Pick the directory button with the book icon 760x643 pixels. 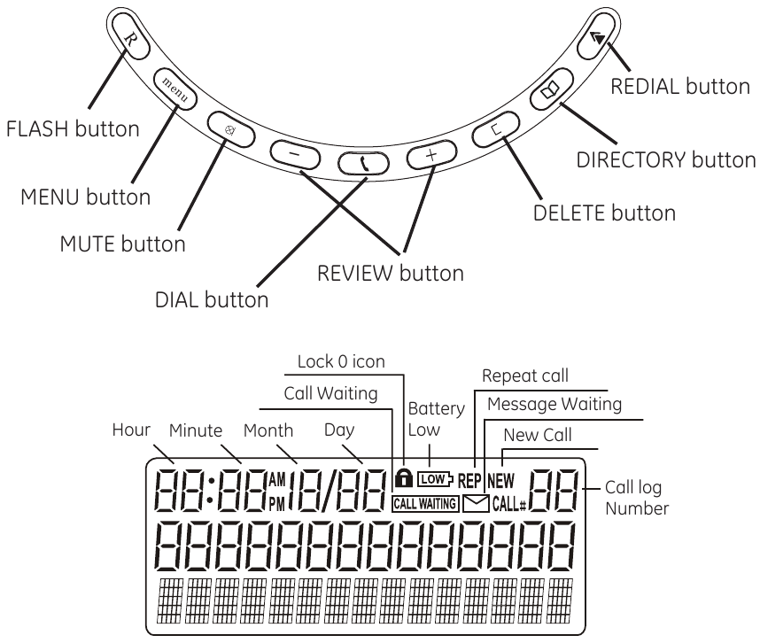550,91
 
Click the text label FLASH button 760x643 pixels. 73,129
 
